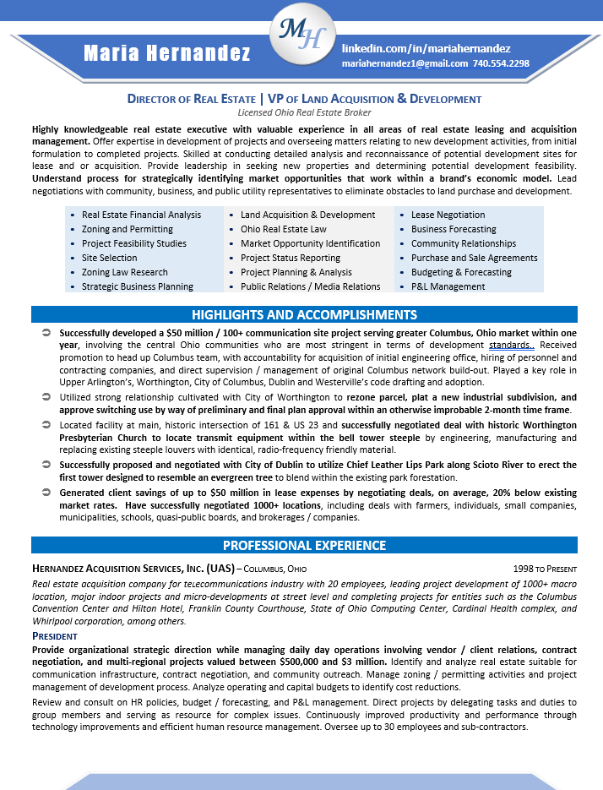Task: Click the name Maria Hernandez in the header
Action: pos(167,54)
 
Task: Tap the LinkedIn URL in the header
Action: pos(426,49)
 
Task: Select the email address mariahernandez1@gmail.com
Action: pos(405,63)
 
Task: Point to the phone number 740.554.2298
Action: pos(501,63)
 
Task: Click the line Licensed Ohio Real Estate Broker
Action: pos(304,112)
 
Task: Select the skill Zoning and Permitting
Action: pos(127,229)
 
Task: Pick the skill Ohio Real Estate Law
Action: pos(283,229)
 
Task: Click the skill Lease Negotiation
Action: pos(448,215)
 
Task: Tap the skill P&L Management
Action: pos(448,286)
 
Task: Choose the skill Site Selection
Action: pos(109,258)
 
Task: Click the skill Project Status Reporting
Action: pos(291,258)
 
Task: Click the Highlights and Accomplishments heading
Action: pos(304,315)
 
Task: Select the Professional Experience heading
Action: pos(304,546)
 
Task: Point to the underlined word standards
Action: pos(511,346)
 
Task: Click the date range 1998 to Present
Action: pos(545,569)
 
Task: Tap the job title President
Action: pos(55,635)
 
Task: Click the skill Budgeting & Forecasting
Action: pos(461,272)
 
